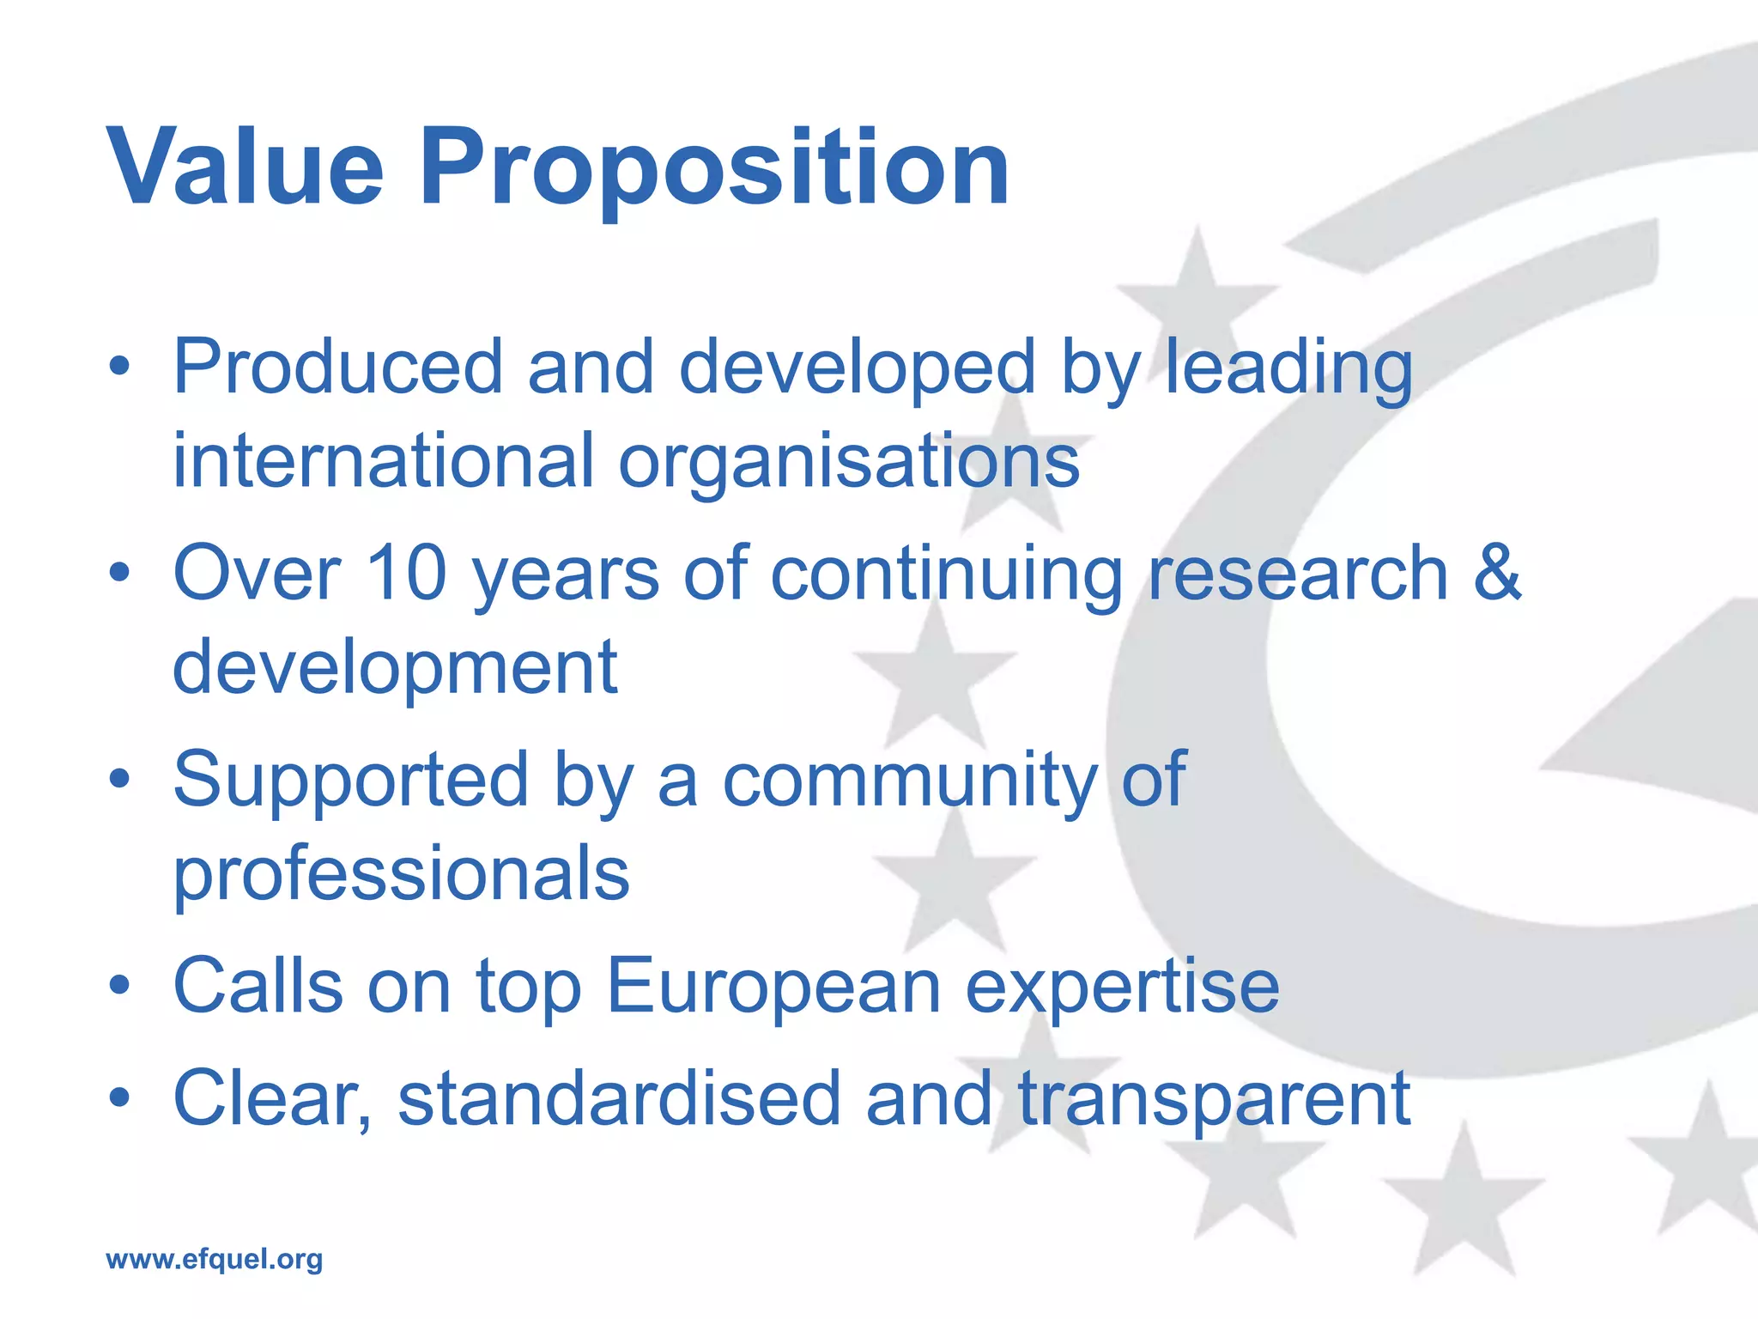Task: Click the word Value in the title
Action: click(245, 167)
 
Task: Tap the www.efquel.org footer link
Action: click(214, 1259)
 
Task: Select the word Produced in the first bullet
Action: click(337, 368)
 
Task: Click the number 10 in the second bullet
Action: click(406, 574)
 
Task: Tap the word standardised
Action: click(619, 1099)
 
